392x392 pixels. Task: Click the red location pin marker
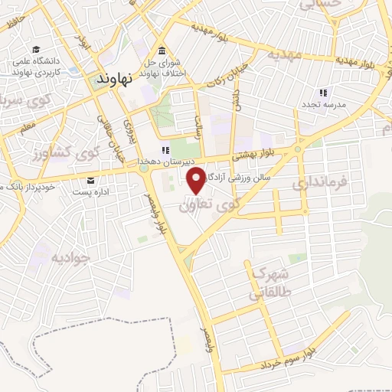click(196, 180)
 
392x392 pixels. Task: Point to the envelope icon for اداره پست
click(92, 180)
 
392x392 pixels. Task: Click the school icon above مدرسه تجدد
click(322, 93)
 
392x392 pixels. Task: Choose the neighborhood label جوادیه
click(70, 256)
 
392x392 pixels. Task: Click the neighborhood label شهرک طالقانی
click(265, 283)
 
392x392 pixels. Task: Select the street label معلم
click(27, 125)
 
